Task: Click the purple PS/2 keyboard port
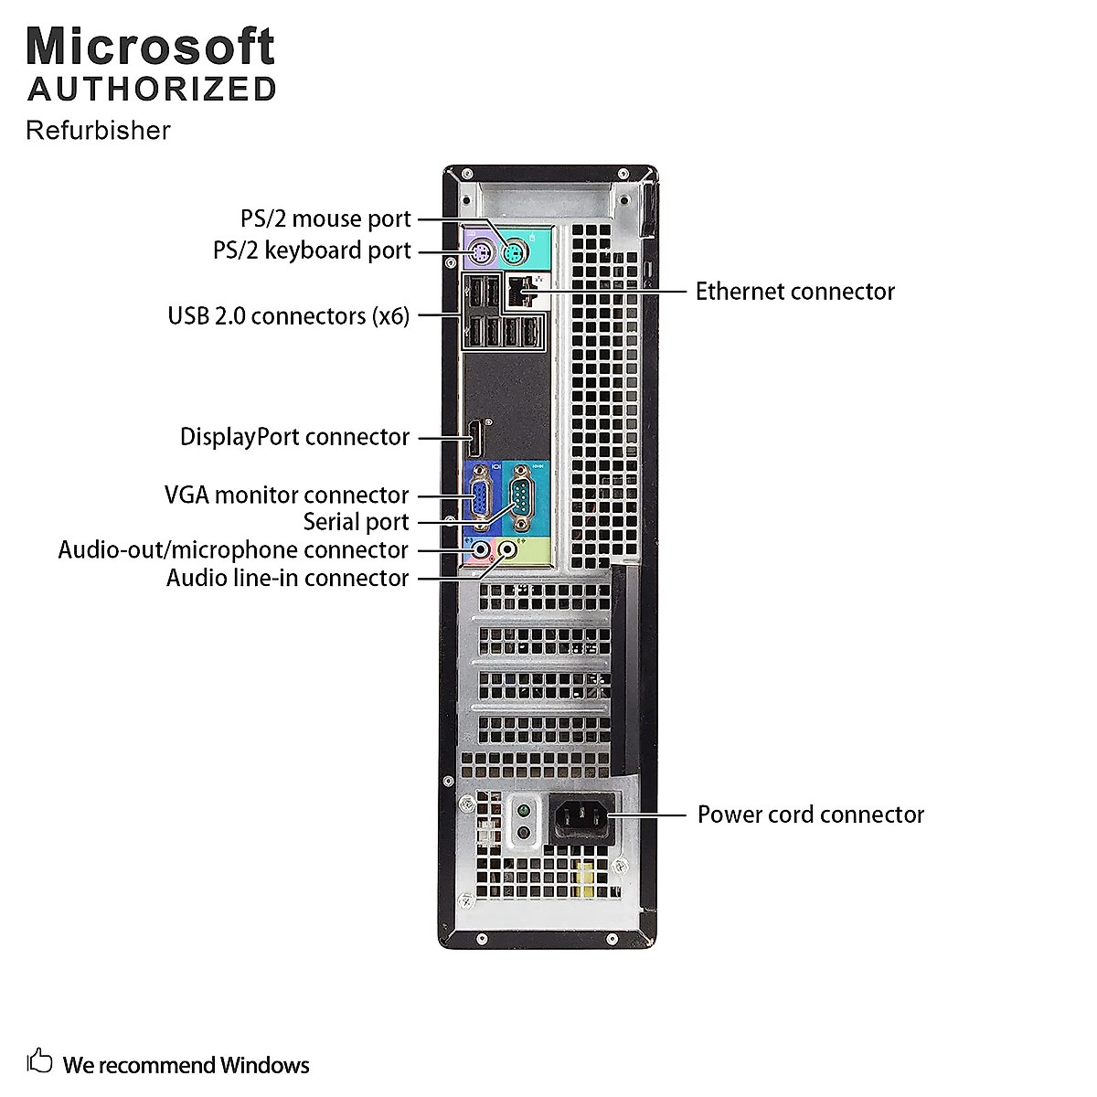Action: click(x=479, y=251)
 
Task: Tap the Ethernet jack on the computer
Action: click(x=517, y=291)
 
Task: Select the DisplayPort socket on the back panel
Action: click(x=476, y=441)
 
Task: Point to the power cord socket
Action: click(x=577, y=815)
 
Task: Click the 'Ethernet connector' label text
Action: click(x=794, y=292)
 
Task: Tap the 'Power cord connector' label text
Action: click(x=810, y=815)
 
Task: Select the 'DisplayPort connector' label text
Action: click(x=294, y=437)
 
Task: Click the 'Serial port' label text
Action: click(x=356, y=522)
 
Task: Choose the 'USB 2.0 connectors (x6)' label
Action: click(x=288, y=316)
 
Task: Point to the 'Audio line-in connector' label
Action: click(x=287, y=578)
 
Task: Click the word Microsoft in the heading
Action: click(x=151, y=46)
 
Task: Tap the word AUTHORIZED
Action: click(x=152, y=90)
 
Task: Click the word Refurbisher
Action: click(x=98, y=131)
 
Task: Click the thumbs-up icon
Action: click(x=39, y=1060)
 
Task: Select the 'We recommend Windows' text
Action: click(x=186, y=1065)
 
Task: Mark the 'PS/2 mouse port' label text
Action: click(x=325, y=219)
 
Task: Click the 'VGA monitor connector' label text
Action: click(x=286, y=495)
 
